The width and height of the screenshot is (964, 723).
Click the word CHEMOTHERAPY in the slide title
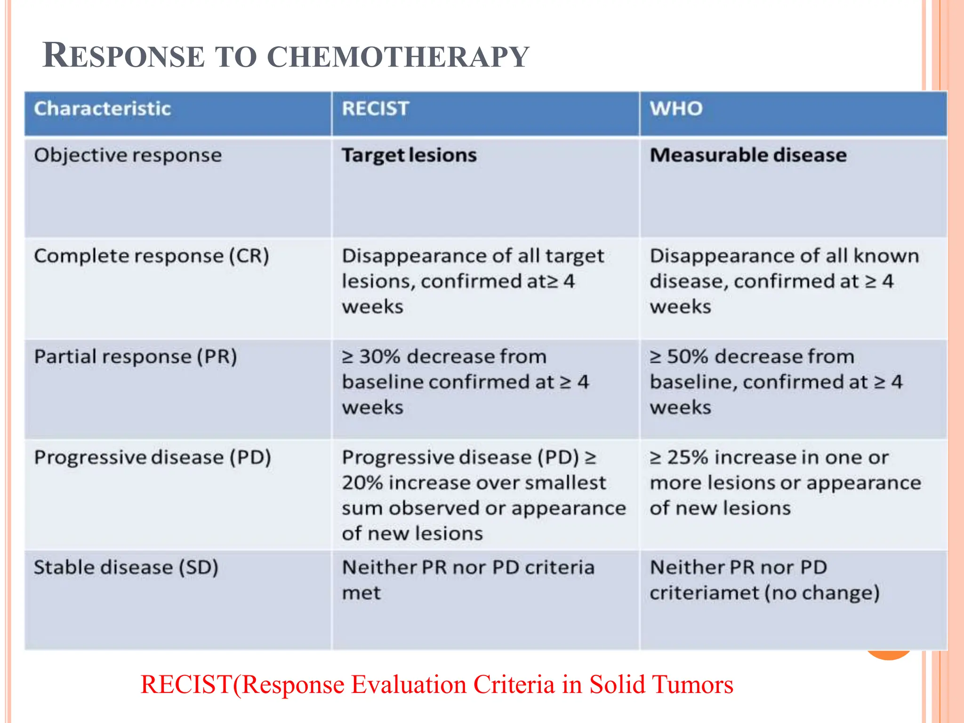pyautogui.click(x=398, y=57)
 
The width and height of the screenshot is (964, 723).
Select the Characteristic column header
pyautogui.click(x=102, y=109)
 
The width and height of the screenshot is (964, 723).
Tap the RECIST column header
pyautogui.click(x=375, y=109)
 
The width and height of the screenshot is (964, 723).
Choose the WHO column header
pyautogui.click(x=676, y=109)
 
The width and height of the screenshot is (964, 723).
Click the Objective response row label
pyautogui.click(x=128, y=155)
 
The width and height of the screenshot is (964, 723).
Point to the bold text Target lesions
pyautogui.click(x=409, y=155)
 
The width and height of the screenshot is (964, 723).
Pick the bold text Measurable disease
pyautogui.click(x=748, y=155)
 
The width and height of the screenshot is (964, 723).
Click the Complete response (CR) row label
pyautogui.click(x=151, y=256)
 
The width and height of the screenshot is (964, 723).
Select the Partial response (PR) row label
pyautogui.click(x=135, y=357)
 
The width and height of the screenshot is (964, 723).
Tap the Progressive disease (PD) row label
pyautogui.click(x=152, y=458)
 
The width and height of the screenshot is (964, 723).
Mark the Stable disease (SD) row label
pyautogui.click(x=126, y=568)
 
